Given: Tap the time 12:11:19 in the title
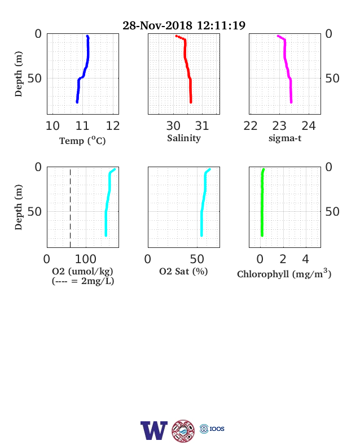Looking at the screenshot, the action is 221,25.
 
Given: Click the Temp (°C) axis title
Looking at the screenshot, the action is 82,141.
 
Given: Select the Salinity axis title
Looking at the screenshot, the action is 184,138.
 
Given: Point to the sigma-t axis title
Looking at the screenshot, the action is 285,138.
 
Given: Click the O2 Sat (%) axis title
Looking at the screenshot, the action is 183,272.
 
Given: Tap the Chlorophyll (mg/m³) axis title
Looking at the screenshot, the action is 284,273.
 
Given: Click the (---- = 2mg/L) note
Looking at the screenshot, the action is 83,281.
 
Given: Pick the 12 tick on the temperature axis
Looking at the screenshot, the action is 113,126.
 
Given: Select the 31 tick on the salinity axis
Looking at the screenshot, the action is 202,126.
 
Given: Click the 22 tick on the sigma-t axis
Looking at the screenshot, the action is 251,126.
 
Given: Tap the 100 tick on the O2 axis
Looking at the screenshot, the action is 86,259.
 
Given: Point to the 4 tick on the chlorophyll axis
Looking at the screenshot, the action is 305,259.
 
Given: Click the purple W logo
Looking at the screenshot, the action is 154,430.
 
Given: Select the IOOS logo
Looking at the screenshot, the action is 212,429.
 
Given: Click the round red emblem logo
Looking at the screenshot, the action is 183,430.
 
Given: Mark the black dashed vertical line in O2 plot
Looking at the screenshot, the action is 71,208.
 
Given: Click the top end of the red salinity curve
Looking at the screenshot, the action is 176,36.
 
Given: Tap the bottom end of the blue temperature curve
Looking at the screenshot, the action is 77,102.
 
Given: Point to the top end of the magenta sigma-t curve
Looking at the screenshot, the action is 278,36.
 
